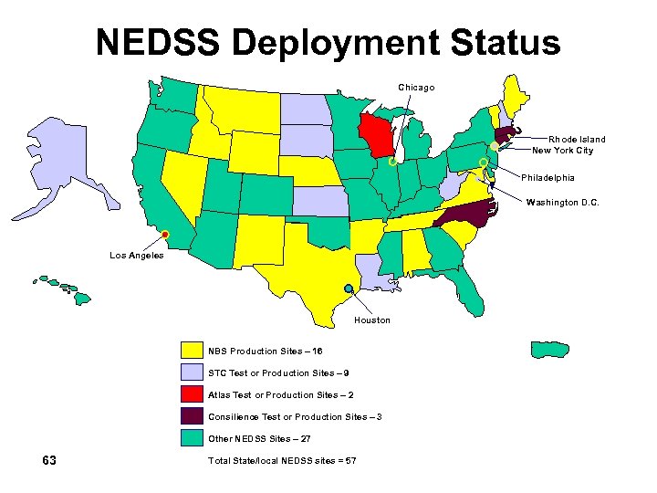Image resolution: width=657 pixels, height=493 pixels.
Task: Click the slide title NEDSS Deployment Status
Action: pyautogui.click(x=328, y=42)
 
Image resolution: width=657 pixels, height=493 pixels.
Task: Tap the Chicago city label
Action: pyautogui.click(x=416, y=87)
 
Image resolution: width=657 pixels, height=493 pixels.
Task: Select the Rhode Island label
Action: pyautogui.click(x=577, y=140)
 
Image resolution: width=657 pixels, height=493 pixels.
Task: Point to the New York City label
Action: pyautogui.click(x=562, y=151)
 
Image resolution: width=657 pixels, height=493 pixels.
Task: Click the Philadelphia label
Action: pyautogui.click(x=548, y=177)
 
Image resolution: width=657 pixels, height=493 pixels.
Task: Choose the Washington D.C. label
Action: pyautogui.click(x=563, y=203)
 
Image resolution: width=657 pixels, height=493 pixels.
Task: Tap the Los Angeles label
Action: pyautogui.click(x=137, y=256)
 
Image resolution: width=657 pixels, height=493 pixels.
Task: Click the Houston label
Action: pyautogui.click(x=372, y=320)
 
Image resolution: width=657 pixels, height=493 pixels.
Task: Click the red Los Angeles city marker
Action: pyautogui.click(x=166, y=236)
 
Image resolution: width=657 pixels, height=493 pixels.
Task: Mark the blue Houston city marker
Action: pyautogui.click(x=349, y=288)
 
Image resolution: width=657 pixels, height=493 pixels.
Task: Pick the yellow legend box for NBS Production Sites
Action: pyautogui.click(x=192, y=351)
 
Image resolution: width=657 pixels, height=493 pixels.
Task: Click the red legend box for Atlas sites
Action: pyautogui.click(x=192, y=394)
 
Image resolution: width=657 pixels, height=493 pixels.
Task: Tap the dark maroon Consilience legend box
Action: pyautogui.click(x=192, y=416)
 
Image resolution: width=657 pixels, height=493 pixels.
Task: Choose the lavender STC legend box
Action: pyautogui.click(x=192, y=372)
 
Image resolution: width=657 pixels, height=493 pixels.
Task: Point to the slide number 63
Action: pyautogui.click(x=50, y=460)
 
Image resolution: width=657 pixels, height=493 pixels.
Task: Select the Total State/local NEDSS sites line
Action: pyautogui.click(x=282, y=460)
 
